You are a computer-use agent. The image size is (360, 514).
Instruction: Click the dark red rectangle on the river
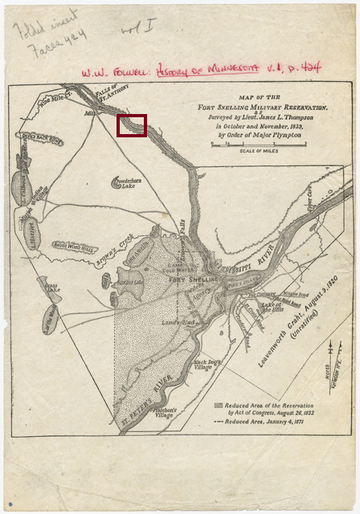point(132,125)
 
